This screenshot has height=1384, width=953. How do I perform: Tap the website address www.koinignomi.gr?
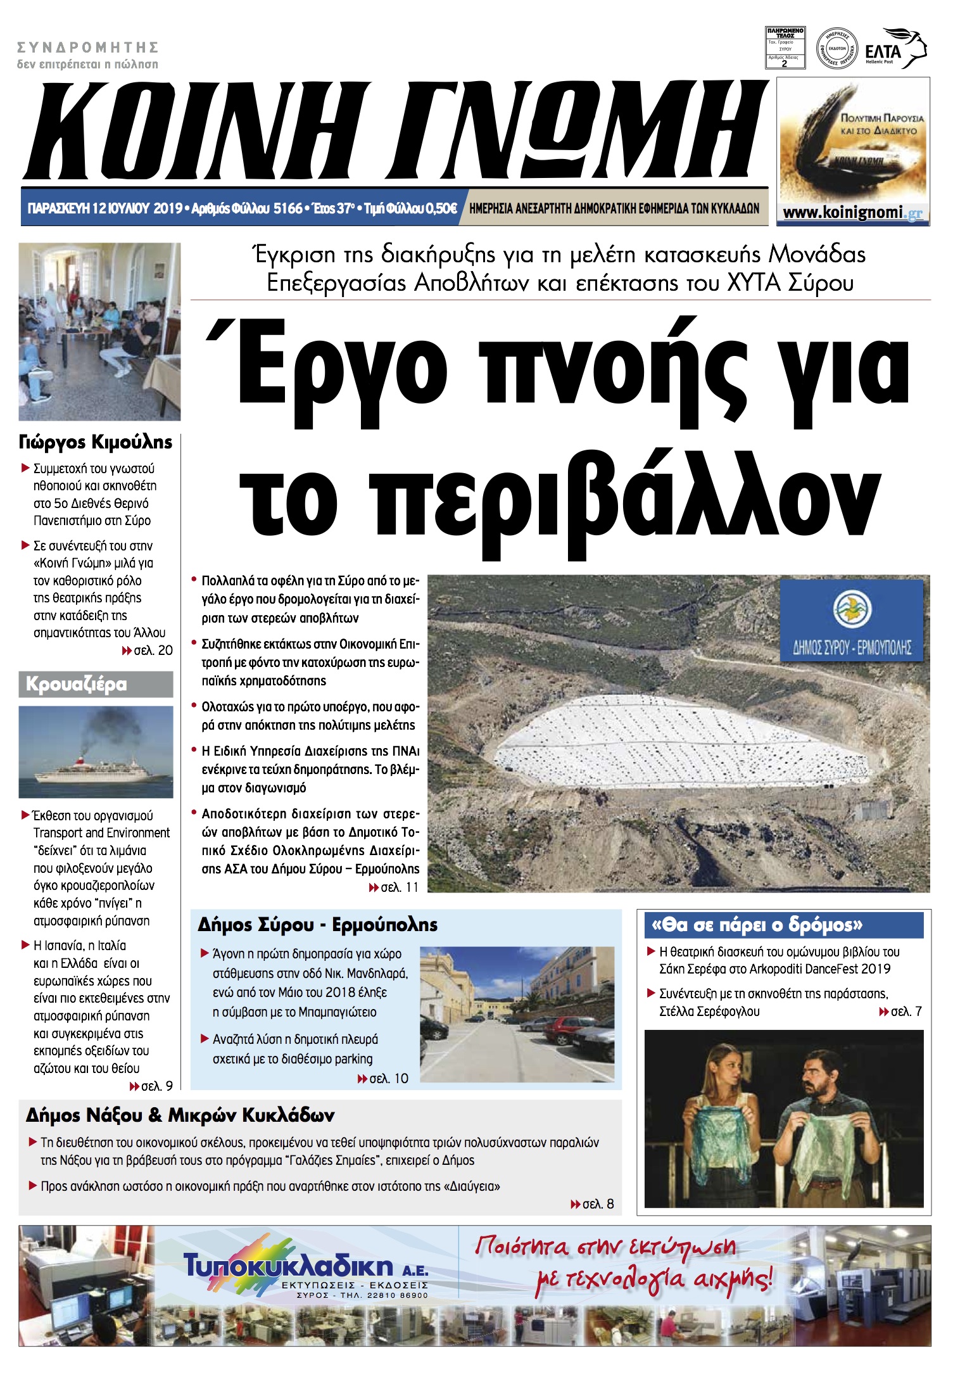coord(852,213)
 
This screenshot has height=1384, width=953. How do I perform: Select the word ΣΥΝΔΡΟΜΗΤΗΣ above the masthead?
coord(87,48)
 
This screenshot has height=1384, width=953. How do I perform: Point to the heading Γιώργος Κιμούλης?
coord(96,442)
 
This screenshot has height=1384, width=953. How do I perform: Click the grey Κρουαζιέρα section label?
coord(96,685)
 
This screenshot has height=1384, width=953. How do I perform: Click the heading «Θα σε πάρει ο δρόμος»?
coord(757,925)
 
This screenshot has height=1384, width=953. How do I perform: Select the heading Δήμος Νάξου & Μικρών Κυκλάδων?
coord(180,1115)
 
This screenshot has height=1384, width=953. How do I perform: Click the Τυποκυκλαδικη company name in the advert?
coord(288,1266)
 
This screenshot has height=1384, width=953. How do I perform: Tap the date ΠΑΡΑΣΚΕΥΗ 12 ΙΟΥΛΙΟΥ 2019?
coord(105,208)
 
